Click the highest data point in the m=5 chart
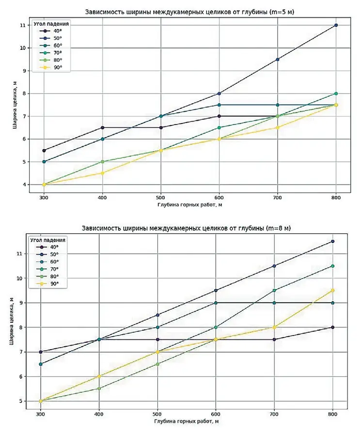[336, 25]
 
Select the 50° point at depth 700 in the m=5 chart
[277, 60]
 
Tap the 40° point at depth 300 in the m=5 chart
[44, 151]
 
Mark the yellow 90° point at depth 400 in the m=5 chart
[102, 173]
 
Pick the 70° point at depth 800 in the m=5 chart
[336, 93]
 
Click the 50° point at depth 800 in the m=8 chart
[332, 241]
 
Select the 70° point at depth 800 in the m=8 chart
[332, 266]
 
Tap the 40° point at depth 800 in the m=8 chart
[332, 327]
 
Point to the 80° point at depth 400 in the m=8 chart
[99, 388]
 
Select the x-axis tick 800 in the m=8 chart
[332, 415]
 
